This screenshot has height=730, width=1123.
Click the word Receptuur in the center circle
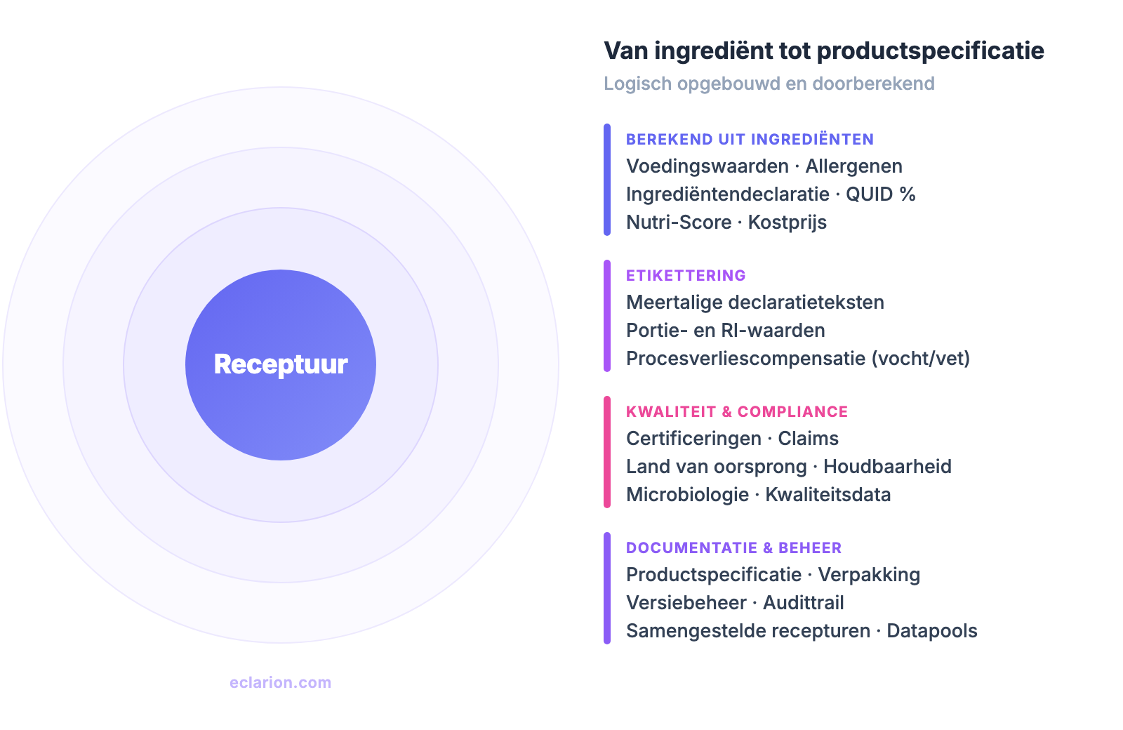click(281, 364)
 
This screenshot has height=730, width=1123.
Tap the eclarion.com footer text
click(280, 682)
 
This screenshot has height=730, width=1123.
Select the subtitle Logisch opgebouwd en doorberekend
click(769, 84)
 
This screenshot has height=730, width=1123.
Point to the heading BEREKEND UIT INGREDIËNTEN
click(750, 139)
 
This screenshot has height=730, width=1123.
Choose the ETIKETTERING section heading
click(686, 275)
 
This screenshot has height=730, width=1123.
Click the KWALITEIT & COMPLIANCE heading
click(737, 411)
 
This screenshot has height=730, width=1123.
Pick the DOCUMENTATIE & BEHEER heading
click(733, 547)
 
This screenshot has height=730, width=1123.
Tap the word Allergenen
click(853, 166)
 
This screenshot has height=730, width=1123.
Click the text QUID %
click(880, 194)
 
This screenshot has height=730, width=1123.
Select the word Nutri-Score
click(679, 223)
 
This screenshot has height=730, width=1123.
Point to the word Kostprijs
click(787, 223)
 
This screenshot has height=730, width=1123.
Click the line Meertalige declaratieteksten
click(755, 303)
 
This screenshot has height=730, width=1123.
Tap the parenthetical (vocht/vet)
click(920, 359)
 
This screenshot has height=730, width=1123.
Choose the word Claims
click(808, 439)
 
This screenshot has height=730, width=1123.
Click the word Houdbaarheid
click(887, 467)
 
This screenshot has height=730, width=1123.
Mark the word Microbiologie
click(687, 495)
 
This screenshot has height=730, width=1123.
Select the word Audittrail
click(803, 603)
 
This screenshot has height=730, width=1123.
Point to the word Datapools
click(931, 631)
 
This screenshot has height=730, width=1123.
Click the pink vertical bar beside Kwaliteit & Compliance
click(607, 452)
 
